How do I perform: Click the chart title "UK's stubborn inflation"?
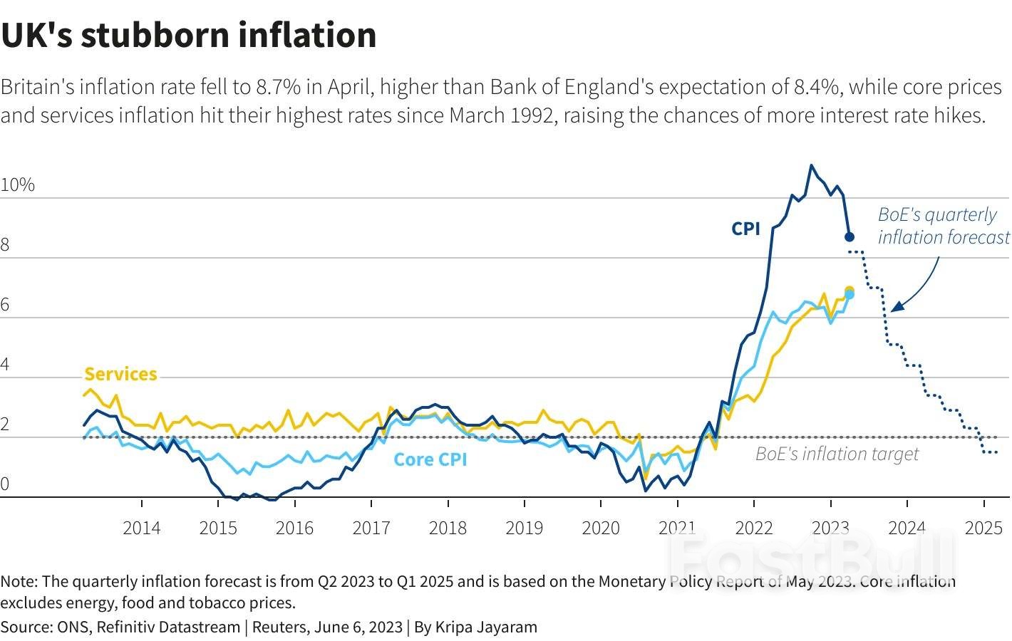point(189,35)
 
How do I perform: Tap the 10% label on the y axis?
point(18,185)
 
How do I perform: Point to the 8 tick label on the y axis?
point(5,245)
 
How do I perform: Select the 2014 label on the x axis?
point(141,528)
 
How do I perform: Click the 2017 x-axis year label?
point(371,528)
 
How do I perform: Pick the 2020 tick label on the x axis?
point(601,528)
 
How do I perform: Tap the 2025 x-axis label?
point(983,528)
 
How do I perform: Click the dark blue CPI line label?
point(745,229)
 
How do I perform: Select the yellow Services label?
point(120,374)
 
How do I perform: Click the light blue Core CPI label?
point(430,459)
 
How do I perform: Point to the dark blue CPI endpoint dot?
point(850,236)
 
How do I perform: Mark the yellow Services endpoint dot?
point(850,290)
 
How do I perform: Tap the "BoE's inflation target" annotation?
point(837,454)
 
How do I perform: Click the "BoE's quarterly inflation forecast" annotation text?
point(943,226)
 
